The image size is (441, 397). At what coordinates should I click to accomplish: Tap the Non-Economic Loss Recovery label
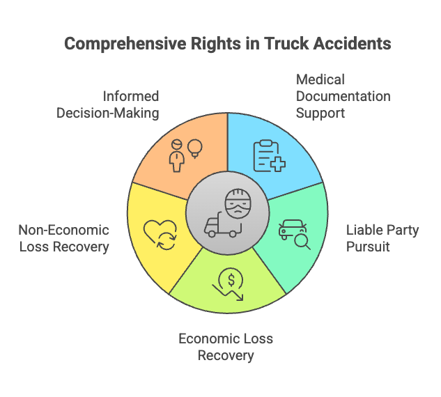pos(63,238)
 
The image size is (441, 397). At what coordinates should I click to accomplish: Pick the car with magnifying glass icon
pos(293,231)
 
